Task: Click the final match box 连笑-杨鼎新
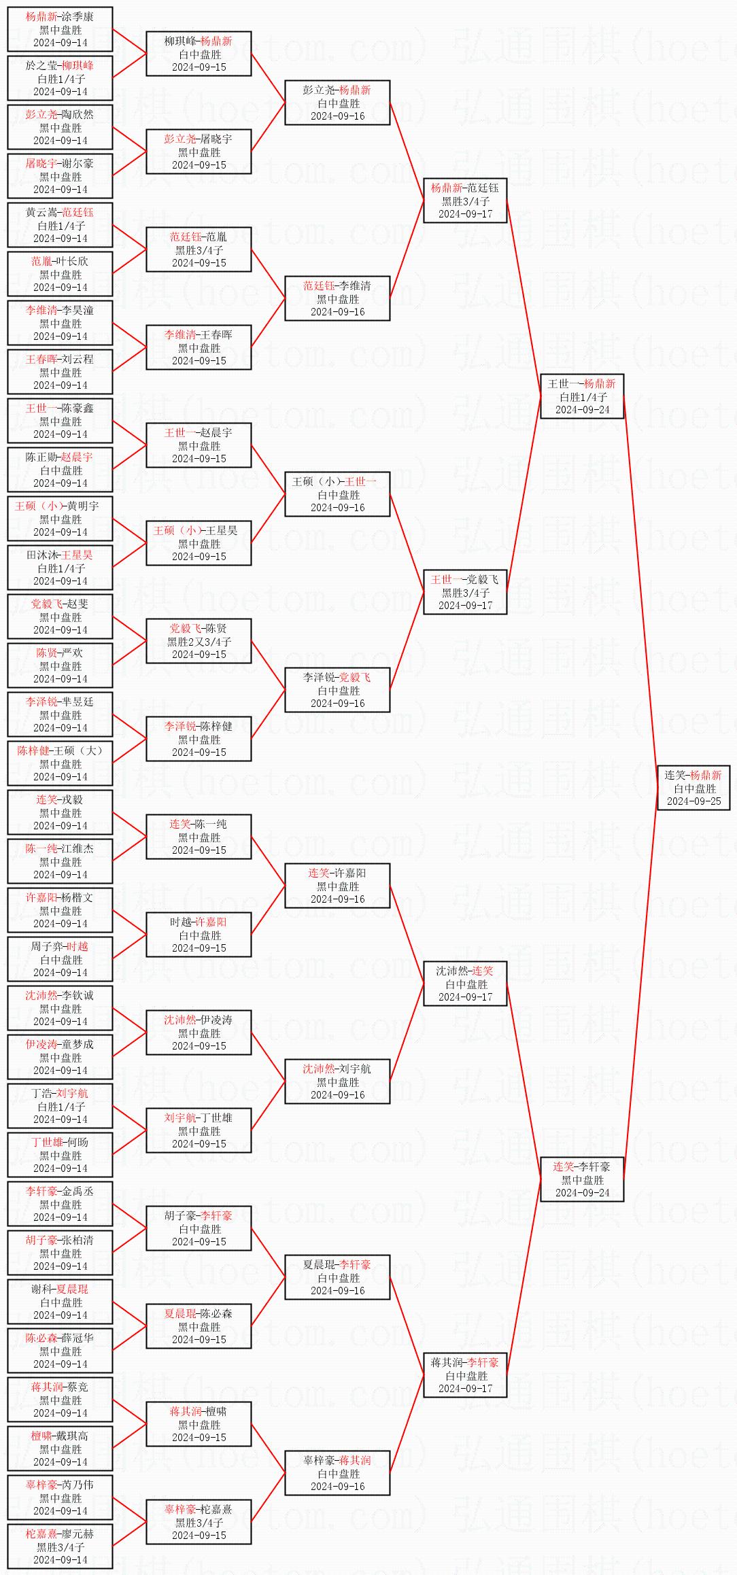click(693, 787)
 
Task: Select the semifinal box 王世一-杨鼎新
click(582, 396)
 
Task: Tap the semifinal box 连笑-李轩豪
click(582, 1179)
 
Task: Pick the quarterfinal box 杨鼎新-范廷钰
click(465, 200)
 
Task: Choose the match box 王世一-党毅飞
click(465, 591)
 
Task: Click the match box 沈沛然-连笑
click(465, 983)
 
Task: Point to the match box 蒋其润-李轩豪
click(465, 1374)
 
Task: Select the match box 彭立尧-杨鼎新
click(337, 102)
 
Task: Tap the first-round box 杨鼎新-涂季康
click(60, 29)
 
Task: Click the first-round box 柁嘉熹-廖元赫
click(60, 1546)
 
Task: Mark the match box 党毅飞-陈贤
click(199, 640)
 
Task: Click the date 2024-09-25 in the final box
click(693, 801)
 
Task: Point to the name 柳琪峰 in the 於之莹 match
click(78, 65)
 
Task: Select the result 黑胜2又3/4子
click(199, 641)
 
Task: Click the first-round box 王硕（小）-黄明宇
click(60, 518)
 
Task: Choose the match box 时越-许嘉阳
click(199, 934)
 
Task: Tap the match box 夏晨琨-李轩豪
click(337, 1277)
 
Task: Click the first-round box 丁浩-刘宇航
click(60, 1105)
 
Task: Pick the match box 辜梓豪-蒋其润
click(337, 1472)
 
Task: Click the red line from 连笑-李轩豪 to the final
click(640, 983)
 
